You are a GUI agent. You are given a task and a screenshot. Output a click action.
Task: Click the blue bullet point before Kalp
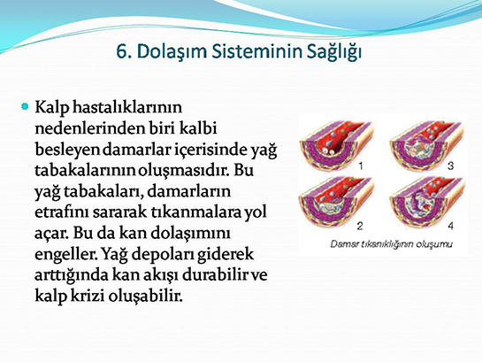[x=25, y=106]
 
